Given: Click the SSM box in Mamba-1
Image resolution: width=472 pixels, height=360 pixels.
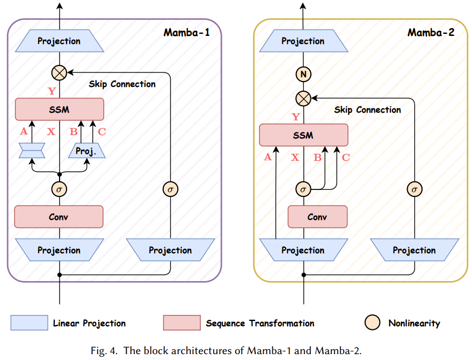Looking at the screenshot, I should [59, 109].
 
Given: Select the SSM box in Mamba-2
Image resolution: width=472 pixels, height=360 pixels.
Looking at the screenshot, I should [303, 135].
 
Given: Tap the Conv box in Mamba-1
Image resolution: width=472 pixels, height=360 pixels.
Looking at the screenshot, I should [59, 217].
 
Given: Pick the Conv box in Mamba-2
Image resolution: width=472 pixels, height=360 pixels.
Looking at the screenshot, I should [317, 217].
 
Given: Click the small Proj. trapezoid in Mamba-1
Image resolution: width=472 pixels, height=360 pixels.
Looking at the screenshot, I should [86, 151].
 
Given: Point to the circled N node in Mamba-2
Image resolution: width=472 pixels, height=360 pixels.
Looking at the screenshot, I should [303, 75].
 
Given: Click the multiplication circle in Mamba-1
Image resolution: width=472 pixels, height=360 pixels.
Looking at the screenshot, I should [59, 72].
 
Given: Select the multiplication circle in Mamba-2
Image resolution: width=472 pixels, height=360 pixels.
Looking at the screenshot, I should [303, 98].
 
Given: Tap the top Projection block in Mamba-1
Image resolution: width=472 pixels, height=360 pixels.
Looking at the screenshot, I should [59, 41].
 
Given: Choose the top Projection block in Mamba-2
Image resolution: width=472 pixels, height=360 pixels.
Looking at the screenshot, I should [303, 41].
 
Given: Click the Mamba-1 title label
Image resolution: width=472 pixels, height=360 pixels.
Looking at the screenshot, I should [186, 32].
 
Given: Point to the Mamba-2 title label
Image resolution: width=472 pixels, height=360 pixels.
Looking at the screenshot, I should [431, 32].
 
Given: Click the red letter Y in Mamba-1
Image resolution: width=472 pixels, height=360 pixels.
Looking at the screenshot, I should [52, 91].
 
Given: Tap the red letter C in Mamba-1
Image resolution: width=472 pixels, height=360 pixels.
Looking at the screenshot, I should [102, 131].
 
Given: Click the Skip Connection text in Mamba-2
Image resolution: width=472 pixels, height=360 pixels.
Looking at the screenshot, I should [367, 110].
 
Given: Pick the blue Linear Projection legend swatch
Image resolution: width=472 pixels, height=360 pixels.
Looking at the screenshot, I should [29, 323].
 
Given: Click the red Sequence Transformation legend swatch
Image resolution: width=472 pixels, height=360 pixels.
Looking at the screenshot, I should [181, 323].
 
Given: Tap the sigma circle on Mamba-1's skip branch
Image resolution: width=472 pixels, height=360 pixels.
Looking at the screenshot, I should [170, 189].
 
